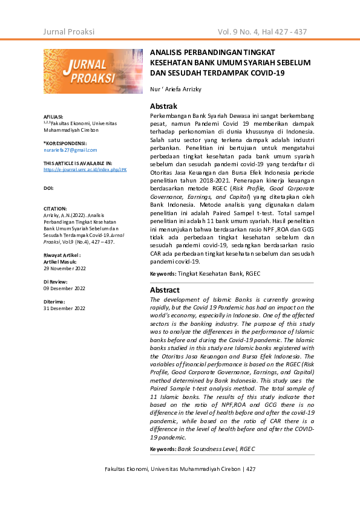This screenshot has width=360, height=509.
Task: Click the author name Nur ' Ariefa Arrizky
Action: pyautogui.click(x=175, y=89)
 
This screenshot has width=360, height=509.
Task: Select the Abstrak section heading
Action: pyautogui.click(x=163, y=106)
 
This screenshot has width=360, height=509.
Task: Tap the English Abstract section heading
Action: pyautogui.click(x=165, y=290)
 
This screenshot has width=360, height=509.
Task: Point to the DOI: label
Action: pyautogui.click(x=49, y=188)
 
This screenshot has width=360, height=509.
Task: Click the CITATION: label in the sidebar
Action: pyautogui.click(x=55, y=208)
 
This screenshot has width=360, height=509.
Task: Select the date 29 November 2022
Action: pyautogui.click(x=65, y=267)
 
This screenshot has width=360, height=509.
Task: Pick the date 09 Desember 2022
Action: pyautogui.click(x=65, y=288)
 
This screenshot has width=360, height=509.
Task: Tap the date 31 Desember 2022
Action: pyautogui.click(x=65, y=308)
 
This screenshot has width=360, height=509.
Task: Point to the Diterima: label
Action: pyautogui.click(x=54, y=302)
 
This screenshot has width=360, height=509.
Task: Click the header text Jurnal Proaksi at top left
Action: pyautogui.click(x=69, y=31)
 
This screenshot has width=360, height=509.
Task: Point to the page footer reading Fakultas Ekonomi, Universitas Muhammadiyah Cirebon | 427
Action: pyautogui.click(x=180, y=469)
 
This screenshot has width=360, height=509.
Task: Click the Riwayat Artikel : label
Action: pyautogui.click(x=62, y=256)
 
